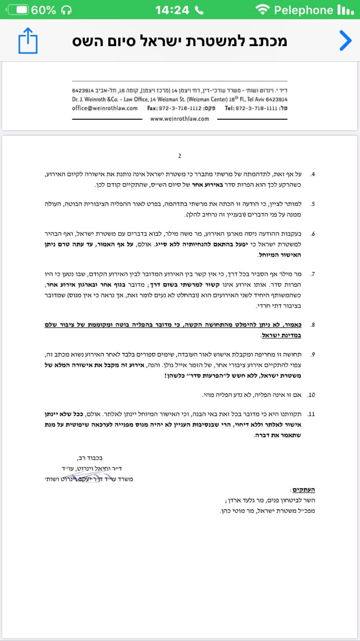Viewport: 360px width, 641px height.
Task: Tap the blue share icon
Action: tap(28, 40)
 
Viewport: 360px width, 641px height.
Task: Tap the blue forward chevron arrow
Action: tap(345, 40)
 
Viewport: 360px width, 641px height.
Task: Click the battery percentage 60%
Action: tap(44, 10)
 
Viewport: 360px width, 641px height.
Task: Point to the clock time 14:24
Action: tap(172, 10)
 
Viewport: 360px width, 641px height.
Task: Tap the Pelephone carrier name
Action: tap(303, 10)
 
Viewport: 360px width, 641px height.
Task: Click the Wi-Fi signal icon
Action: tap(262, 10)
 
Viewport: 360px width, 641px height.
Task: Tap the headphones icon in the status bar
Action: tap(66, 10)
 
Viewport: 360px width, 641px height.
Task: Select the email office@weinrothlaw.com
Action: tap(105, 108)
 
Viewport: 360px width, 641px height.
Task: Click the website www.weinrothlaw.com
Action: tap(179, 119)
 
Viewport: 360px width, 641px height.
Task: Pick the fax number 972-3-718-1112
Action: tap(180, 108)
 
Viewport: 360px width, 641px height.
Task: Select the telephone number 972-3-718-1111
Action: tap(256, 108)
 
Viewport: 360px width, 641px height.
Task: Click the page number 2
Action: tap(179, 156)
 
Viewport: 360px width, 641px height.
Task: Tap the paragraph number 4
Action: tap(313, 174)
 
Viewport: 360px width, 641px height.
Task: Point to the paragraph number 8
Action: tap(313, 325)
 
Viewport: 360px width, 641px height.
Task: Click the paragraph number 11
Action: tap(311, 414)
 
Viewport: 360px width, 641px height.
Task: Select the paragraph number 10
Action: tap(311, 395)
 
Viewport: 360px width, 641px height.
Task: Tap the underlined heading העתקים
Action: tap(304, 490)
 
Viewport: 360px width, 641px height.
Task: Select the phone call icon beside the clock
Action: tap(199, 10)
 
